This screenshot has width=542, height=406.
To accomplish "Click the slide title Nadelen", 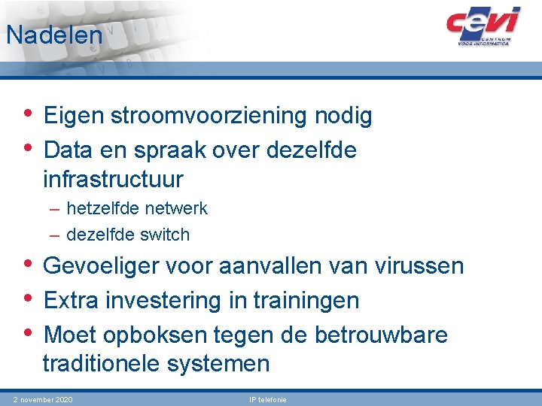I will [53, 35].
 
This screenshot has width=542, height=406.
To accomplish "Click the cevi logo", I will [483, 26].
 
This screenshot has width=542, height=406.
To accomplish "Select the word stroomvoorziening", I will [208, 117].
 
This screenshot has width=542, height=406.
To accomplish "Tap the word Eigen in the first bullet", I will [74, 117].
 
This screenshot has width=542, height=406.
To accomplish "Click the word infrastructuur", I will [113, 180].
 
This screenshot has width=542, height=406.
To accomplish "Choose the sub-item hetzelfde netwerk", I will [136, 208].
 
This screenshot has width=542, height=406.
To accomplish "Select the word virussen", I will [418, 266].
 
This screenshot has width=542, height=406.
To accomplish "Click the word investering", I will [159, 301].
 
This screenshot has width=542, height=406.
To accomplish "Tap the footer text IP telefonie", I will [268, 399].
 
